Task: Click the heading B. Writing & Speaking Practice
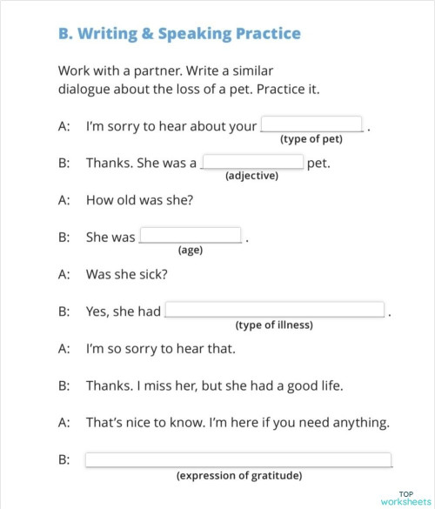179,34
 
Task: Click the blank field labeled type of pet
311,124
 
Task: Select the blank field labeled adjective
252,162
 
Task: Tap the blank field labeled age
191,236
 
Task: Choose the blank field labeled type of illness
274,310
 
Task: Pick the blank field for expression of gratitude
238,460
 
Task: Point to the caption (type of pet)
311,139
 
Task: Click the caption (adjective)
251,176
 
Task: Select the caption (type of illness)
274,325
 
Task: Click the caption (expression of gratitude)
239,476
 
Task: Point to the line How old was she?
139,199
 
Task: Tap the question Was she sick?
127,273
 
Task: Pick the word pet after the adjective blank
318,163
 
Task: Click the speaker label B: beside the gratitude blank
64,460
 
